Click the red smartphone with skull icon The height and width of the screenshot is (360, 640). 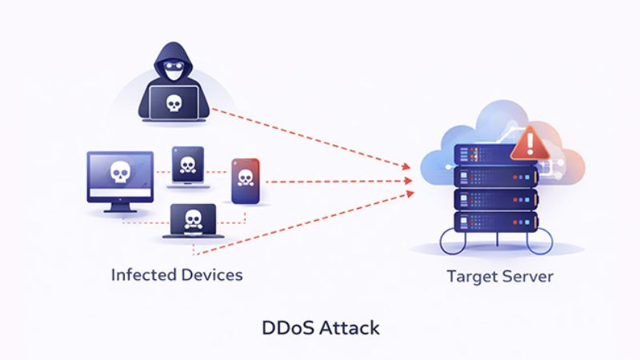[x=244, y=182]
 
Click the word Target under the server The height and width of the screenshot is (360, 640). [x=471, y=278]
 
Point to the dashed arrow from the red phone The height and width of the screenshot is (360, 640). [x=336, y=182]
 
